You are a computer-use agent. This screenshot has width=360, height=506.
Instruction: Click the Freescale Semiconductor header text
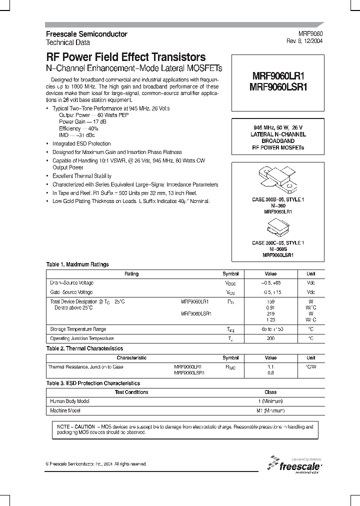[x=86, y=34]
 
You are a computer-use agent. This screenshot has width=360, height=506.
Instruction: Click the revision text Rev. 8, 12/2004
[x=304, y=42]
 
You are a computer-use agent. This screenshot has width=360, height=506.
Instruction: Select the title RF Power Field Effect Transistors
[x=125, y=57]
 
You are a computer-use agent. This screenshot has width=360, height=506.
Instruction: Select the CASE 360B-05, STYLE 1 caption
[x=277, y=200]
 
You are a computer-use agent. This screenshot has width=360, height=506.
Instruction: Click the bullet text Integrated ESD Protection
[x=81, y=143]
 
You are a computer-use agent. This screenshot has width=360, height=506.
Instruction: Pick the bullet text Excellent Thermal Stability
[x=82, y=176]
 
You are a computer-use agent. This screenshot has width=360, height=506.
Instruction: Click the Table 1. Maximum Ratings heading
[x=77, y=264]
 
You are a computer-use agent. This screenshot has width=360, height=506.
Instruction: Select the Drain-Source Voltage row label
[x=71, y=283]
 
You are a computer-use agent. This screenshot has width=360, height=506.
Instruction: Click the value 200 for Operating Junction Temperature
[x=270, y=338]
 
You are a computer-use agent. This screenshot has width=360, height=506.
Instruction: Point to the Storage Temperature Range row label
[x=78, y=329]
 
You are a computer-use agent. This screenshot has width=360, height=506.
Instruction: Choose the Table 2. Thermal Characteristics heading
[x=84, y=348]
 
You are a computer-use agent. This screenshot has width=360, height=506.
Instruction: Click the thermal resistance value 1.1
[x=270, y=366]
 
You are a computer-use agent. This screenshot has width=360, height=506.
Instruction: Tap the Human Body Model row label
[x=70, y=401]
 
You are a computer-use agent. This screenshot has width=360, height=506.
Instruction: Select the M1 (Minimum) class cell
[x=270, y=410]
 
